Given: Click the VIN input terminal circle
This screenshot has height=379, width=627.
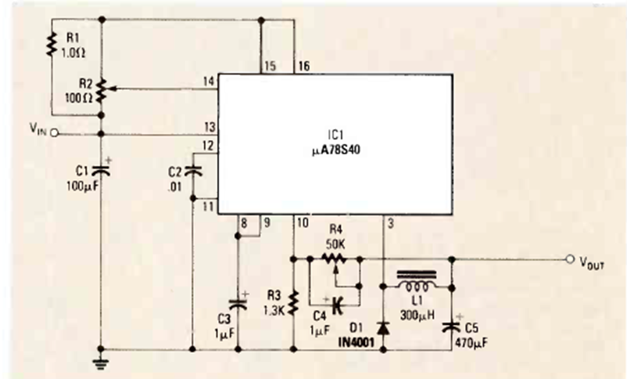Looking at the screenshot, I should (x=55, y=133).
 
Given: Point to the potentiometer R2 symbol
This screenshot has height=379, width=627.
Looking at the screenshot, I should (x=102, y=90).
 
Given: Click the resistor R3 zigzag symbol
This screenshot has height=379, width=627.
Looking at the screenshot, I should (x=292, y=301).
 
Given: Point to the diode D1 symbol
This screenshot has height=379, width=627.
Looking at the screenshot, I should (x=383, y=326).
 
